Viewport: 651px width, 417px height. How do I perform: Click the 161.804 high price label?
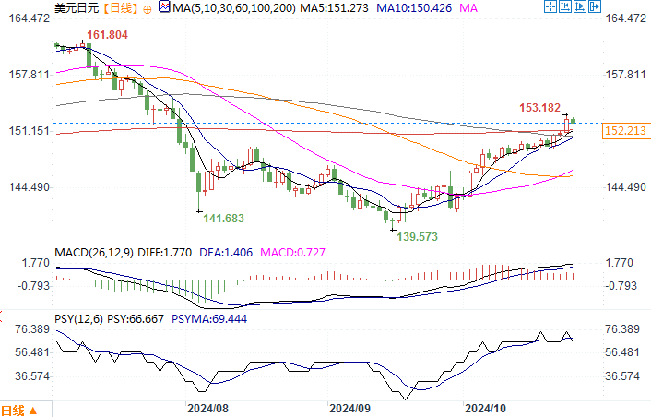tap(107, 36)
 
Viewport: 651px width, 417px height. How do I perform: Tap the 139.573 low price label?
tap(416, 236)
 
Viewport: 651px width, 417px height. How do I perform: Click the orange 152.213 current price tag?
tap(623, 132)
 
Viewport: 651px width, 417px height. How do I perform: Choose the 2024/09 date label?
tap(349, 407)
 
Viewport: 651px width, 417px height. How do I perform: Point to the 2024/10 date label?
tap(487, 407)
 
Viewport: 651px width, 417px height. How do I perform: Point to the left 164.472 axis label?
tap(26, 18)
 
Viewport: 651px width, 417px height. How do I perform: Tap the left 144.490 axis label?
tap(26, 187)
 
